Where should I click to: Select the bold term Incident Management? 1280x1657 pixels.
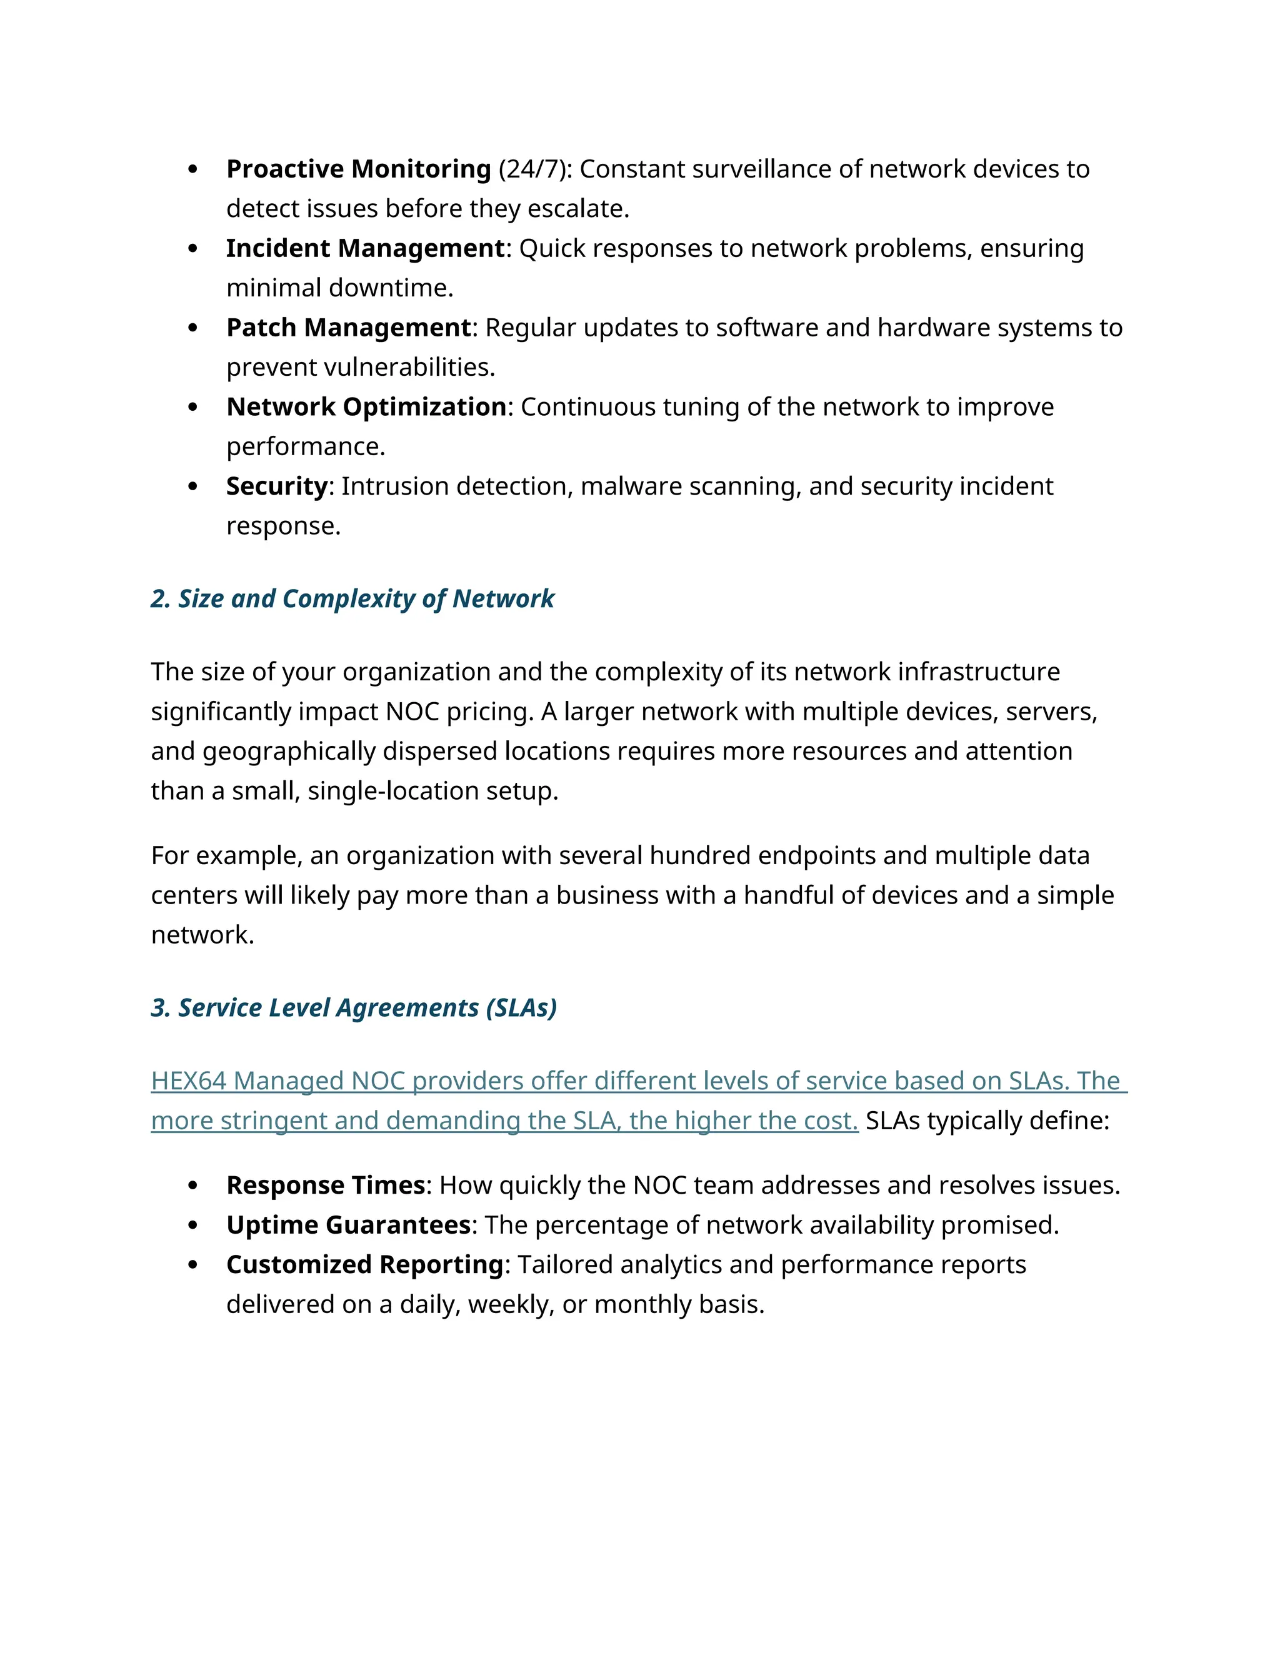tap(366, 248)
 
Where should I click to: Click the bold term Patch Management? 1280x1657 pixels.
tap(349, 327)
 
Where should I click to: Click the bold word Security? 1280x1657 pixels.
tap(277, 486)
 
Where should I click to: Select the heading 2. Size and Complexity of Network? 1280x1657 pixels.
tap(352, 598)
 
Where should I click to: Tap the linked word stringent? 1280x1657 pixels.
tap(273, 1121)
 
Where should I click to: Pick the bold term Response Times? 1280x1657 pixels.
tap(325, 1185)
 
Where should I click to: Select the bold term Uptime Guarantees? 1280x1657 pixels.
tap(349, 1224)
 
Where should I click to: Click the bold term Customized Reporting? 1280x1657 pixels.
tap(365, 1265)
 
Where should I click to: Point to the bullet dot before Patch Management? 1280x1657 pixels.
tap(192, 328)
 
